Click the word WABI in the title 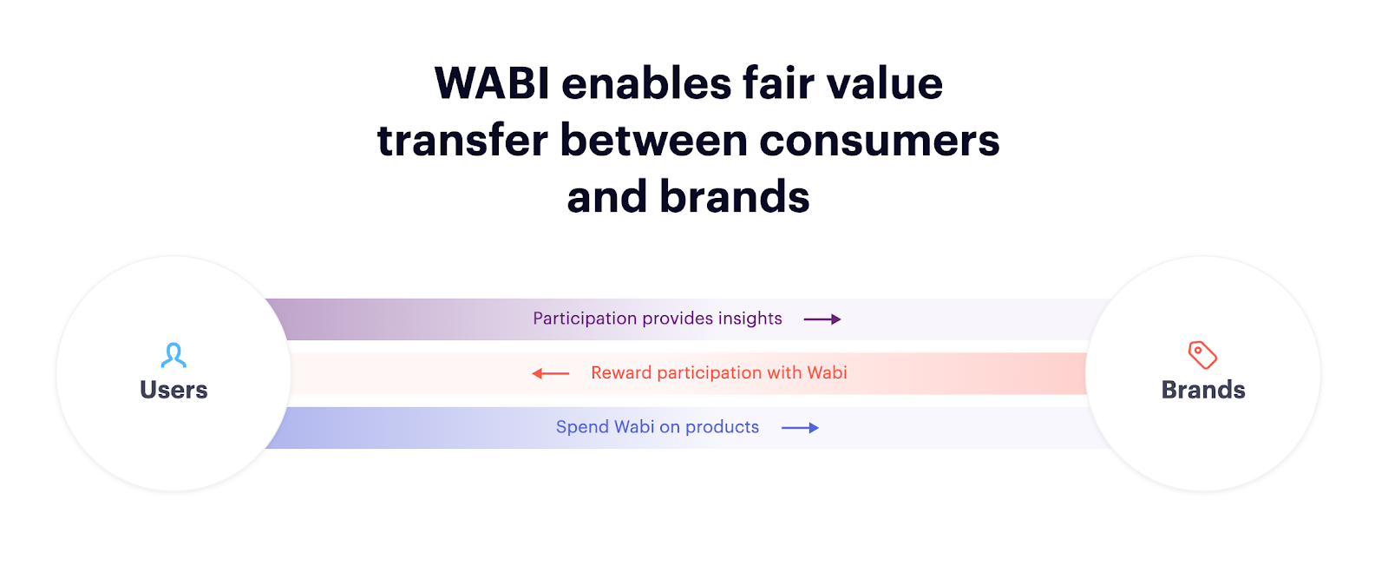pyautogui.click(x=491, y=83)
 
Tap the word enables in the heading pyautogui.click(x=646, y=83)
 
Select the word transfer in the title pyautogui.click(x=462, y=140)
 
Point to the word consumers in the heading pyautogui.click(x=879, y=141)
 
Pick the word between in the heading pyautogui.click(x=653, y=140)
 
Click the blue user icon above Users pyautogui.click(x=173, y=354)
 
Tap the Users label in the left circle pyautogui.click(x=173, y=390)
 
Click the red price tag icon pyautogui.click(x=1202, y=354)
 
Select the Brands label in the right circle pyautogui.click(x=1202, y=390)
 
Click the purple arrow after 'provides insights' pyautogui.click(x=822, y=319)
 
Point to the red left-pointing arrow pyautogui.click(x=550, y=373)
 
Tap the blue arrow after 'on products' pyautogui.click(x=800, y=428)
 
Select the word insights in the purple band pyautogui.click(x=750, y=319)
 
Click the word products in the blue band pyautogui.click(x=722, y=427)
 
